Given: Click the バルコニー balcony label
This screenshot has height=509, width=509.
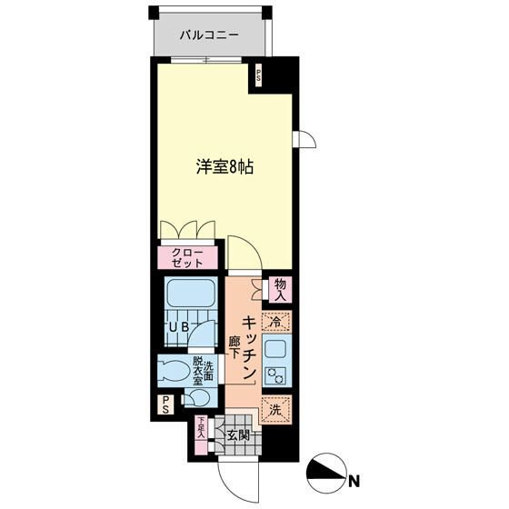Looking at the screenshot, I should click(209, 35).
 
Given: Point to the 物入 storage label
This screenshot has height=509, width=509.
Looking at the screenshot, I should click(279, 289).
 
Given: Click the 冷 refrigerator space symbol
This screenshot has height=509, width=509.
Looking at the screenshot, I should click(275, 320).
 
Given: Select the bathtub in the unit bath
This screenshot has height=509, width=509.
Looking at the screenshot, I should click(189, 296).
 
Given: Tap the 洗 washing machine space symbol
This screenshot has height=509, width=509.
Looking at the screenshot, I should click(274, 410).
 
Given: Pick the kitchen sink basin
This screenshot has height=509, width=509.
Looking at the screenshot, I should click(274, 348).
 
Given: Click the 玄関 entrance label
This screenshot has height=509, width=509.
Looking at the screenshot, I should click(238, 434).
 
